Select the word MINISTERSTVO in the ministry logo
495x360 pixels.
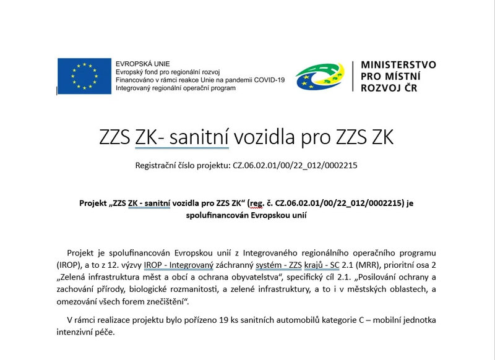(x=398, y=64)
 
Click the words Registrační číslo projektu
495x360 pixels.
(x=183, y=165)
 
